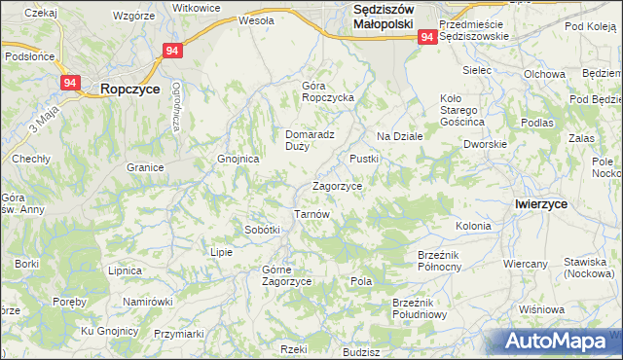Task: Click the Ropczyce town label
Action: pyautogui.click(x=130, y=88)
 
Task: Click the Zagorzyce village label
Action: pyautogui.click(x=338, y=186)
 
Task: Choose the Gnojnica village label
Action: pyautogui.click(x=238, y=158)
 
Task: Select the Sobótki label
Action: pyautogui.click(x=262, y=230)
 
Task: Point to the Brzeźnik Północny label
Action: pyautogui.click(x=444, y=260)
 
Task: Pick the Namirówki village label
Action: pyautogui.click(x=147, y=302)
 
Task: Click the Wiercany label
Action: pyautogui.click(x=526, y=264)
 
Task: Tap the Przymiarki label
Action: pyautogui.click(x=179, y=334)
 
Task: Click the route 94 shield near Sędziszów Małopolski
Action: pyautogui.click(x=427, y=36)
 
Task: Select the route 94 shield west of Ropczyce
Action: pyautogui.click(x=69, y=84)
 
